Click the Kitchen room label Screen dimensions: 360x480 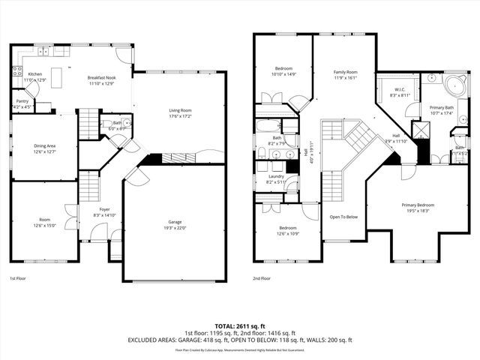pos(35,74)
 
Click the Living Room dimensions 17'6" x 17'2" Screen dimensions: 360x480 pos(180,116)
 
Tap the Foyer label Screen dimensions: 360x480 pos(104,210)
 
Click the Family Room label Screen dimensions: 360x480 pos(345,71)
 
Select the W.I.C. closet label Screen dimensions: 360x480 pos(398,91)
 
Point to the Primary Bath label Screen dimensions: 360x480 pos(441,108)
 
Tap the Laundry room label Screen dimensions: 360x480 pos(275,176)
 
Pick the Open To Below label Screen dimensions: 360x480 pos(343,217)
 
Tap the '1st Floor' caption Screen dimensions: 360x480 pos(19,278)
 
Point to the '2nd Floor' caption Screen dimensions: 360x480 pos(262,278)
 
